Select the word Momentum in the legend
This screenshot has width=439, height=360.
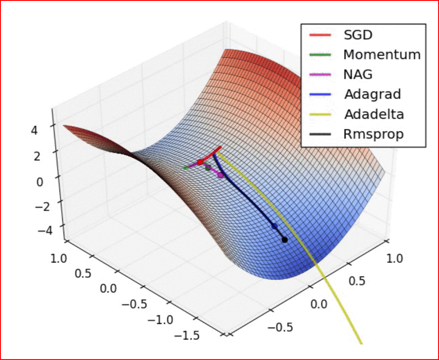(381, 55)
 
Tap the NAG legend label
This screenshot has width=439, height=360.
(358, 74)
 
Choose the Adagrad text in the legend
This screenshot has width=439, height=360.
(372, 95)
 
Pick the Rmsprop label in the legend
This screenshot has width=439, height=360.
(373, 134)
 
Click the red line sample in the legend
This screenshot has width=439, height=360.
(320, 35)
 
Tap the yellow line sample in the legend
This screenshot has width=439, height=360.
(320, 114)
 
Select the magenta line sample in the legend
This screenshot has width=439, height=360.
(320, 74)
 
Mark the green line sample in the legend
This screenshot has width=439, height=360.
(320, 55)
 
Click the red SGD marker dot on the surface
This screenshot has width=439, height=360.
(200, 162)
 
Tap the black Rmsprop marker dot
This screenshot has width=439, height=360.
(285, 239)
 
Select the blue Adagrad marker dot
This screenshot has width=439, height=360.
(275, 226)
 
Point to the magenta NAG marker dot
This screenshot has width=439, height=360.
(221, 175)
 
